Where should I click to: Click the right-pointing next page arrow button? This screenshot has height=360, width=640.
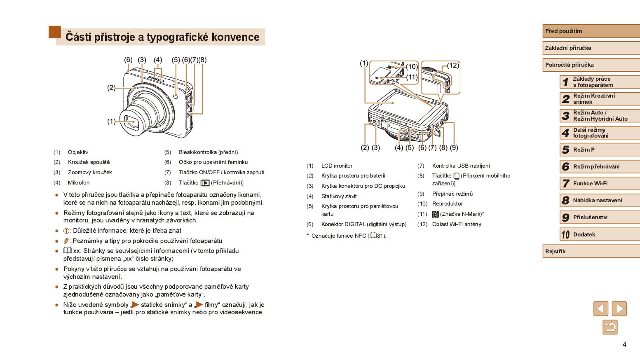coord(619,309)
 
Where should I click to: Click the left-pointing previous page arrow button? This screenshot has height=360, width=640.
coord(600,309)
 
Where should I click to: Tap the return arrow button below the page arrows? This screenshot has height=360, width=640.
coord(610,327)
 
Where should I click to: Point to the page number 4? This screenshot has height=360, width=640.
coord(624,345)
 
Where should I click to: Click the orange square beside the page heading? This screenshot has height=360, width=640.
coord(54,32)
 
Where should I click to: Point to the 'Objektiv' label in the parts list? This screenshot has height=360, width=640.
coord(78,152)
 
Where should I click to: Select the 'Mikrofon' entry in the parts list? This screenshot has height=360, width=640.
coord(78,182)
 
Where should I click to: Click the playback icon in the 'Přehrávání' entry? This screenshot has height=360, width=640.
coord(205,183)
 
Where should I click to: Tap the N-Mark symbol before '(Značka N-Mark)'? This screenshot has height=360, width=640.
coord(435,214)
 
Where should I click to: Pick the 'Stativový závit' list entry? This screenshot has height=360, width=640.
coord(339,196)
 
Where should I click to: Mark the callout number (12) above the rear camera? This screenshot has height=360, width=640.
coord(453,65)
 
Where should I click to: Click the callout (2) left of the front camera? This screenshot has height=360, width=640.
coord(111,88)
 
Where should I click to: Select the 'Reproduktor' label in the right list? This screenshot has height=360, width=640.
coord(447,204)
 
